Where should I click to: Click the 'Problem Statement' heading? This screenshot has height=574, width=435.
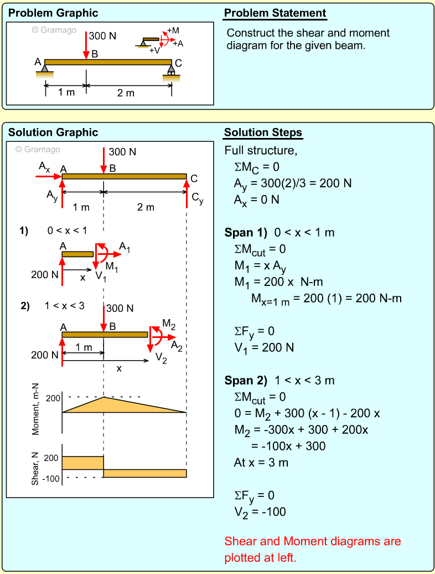(x=275, y=13)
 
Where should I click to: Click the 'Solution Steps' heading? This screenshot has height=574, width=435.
(x=263, y=132)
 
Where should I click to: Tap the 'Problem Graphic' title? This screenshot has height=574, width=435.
(x=53, y=13)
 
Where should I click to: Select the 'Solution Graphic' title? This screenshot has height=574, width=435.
(x=53, y=132)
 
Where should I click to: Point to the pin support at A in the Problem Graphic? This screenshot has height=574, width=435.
(x=45, y=69)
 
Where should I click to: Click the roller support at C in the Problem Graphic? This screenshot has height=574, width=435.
(x=171, y=70)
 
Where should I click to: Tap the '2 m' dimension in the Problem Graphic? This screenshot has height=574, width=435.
(x=126, y=93)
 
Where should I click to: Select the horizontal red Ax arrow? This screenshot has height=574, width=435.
(x=49, y=176)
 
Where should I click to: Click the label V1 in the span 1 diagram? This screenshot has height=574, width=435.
(x=100, y=276)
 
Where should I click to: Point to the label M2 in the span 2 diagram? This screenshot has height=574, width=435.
(x=169, y=324)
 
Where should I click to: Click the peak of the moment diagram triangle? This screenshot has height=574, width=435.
(x=104, y=397)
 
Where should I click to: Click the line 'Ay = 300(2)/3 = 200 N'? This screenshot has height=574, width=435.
(x=293, y=183)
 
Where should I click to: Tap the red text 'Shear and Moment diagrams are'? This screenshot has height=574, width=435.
(x=313, y=541)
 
